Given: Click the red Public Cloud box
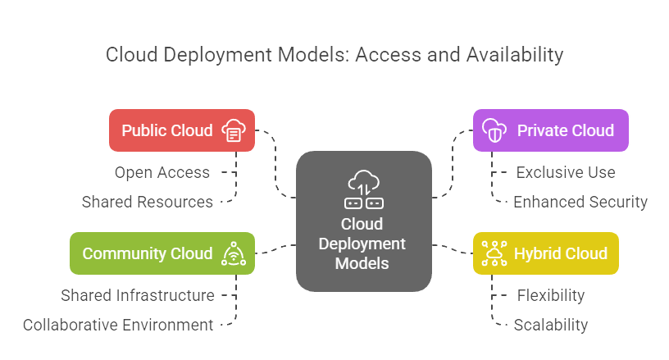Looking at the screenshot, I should click(181, 130).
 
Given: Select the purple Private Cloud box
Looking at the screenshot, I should click(550, 130).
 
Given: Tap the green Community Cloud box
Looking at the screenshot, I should click(162, 253).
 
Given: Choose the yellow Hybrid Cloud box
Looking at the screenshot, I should click(545, 253).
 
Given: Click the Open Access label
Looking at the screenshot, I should click(162, 172).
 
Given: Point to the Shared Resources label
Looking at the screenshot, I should click(147, 202).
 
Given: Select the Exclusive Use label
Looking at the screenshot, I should click(565, 172).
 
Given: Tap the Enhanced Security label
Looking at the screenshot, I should click(580, 202).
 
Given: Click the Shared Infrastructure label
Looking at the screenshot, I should click(138, 295).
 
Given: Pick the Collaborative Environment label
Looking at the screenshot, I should click(118, 325).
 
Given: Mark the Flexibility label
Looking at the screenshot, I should click(550, 295).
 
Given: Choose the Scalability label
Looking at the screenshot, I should click(550, 325).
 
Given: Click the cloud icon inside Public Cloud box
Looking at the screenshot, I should click(234, 130).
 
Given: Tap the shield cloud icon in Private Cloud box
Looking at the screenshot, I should click(494, 130).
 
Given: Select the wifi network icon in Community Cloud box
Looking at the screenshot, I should click(234, 253).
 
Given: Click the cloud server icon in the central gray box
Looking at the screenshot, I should click(363, 189).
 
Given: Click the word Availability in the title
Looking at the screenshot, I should click(515, 55).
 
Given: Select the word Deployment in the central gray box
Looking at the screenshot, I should click(363, 244).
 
